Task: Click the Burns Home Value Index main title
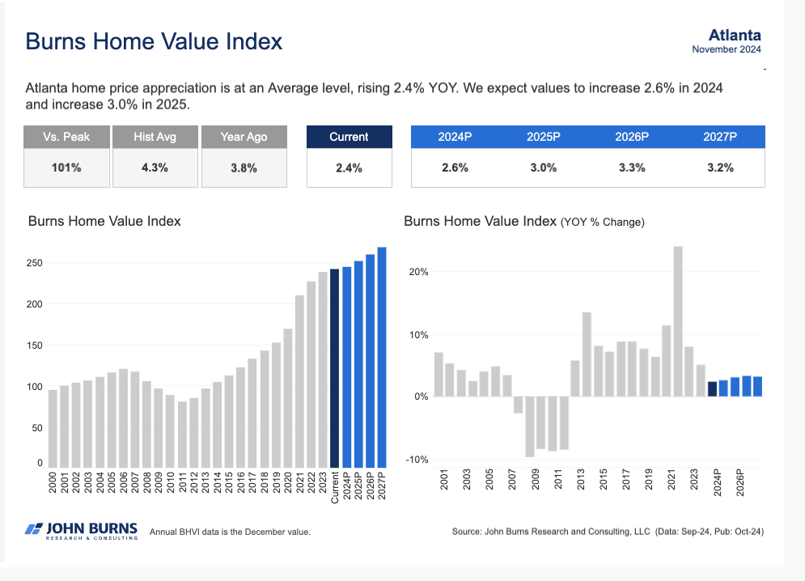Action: (x=154, y=41)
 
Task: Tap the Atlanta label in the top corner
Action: (x=734, y=35)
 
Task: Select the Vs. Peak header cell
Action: (x=66, y=137)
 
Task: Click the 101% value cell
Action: (x=66, y=168)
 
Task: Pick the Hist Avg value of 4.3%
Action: (x=155, y=168)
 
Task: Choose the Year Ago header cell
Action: (x=244, y=137)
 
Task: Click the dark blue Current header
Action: (x=349, y=137)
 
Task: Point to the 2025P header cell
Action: (x=544, y=137)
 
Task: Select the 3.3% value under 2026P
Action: (x=632, y=168)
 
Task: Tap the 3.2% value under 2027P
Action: (x=720, y=168)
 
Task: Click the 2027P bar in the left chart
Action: (x=382, y=356)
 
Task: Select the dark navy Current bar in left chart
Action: (x=335, y=367)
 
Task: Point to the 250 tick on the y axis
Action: (x=34, y=263)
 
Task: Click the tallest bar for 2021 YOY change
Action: (x=678, y=321)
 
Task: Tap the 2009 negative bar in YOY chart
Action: (x=530, y=426)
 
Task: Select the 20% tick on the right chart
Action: (x=418, y=272)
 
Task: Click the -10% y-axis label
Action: (x=417, y=460)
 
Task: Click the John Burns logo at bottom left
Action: (x=81, y=531)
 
